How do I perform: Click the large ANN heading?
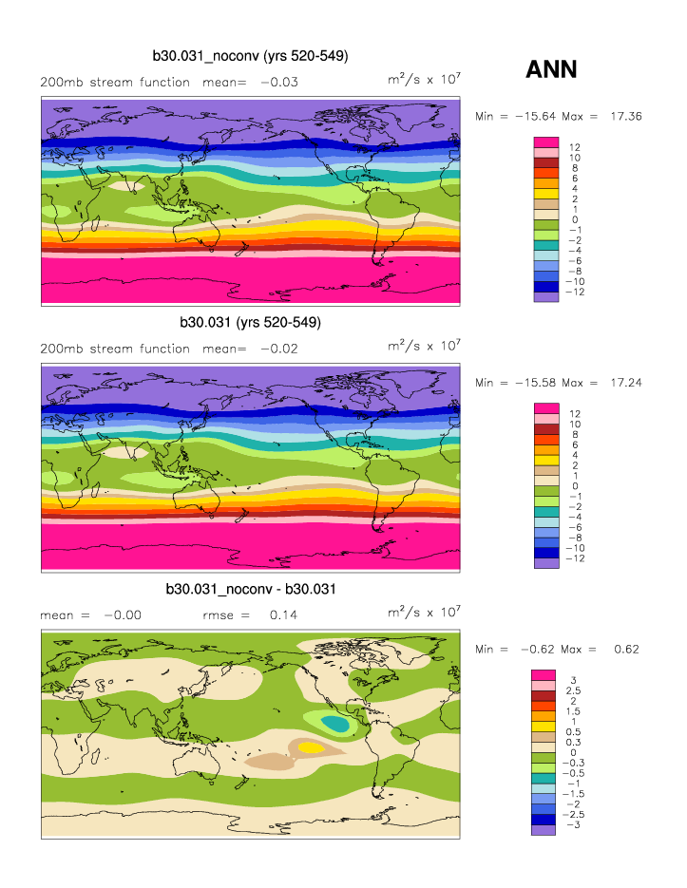(x=551, y=69)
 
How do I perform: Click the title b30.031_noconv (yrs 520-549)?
(x=250, y=57)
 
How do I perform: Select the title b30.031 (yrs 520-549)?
(x=250, y=323)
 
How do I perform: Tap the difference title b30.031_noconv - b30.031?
(x=250, y=590)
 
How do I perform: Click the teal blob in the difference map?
(x=334, y=724)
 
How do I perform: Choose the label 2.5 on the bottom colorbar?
(x=573, y=690)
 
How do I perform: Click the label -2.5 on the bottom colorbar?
(x=575, y=815)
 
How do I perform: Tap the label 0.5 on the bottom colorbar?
(x=573, y=731)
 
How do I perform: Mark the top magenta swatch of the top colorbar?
(x=545, y=142)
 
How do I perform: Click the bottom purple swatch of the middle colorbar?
(x=545, y=563)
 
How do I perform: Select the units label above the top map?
(x=424, y=80)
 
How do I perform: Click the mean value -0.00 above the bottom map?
(x=123, y=615)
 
